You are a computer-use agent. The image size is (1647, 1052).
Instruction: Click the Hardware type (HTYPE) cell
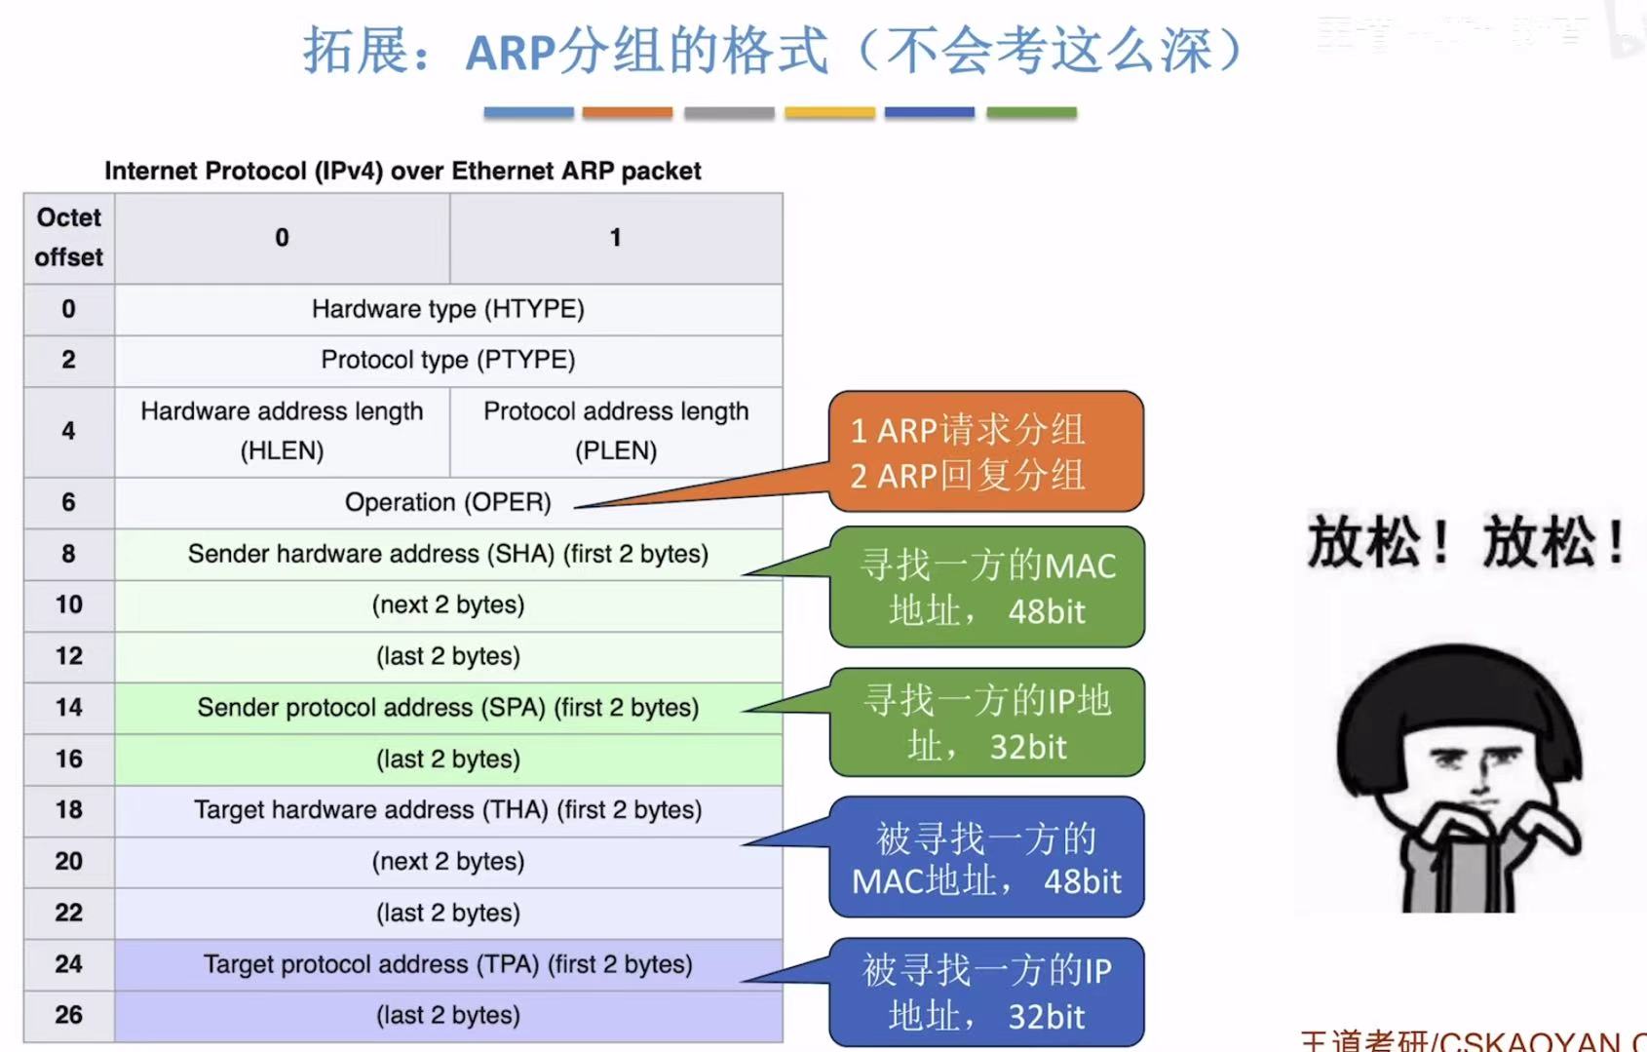click(x=448, y=309)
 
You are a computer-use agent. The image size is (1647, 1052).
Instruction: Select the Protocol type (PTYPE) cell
click(x=448, y=360)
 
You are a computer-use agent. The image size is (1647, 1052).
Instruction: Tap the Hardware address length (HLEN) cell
click(x=282, y=431)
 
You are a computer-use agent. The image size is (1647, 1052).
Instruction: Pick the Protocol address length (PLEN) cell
click(x=616, y=431)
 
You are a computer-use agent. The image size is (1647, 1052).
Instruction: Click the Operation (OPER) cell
click(x=448, y=502)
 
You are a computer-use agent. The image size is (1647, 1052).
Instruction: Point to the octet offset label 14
click(x=68, y=708)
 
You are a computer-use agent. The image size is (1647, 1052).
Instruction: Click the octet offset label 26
click(x=68, y=1015)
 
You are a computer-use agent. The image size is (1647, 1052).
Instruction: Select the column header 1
click(x=616, y=238)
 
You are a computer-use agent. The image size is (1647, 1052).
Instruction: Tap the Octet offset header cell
click(x=68, y=238)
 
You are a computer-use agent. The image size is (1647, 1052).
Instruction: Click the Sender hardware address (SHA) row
click(x=448, y=554)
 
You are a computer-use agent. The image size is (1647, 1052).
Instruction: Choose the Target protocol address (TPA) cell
click(x=448, y=964)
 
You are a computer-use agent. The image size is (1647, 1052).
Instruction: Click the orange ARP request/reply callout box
click(x=985, y=451)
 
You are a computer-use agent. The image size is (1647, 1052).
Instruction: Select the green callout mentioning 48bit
click(x=986, y=587)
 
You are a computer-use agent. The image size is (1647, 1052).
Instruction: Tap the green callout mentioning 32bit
click(x=986, y=722)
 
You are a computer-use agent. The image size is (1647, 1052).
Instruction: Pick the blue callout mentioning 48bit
click(x=986, y=858)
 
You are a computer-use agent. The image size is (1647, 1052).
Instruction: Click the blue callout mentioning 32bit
click(x=986, y=993)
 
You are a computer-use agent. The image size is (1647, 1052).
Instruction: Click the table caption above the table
click(x=402, y=172)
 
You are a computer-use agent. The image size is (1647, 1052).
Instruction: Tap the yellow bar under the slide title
click(x=829, y=113)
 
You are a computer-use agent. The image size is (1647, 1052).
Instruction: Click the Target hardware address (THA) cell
click(x=448, y=810)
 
